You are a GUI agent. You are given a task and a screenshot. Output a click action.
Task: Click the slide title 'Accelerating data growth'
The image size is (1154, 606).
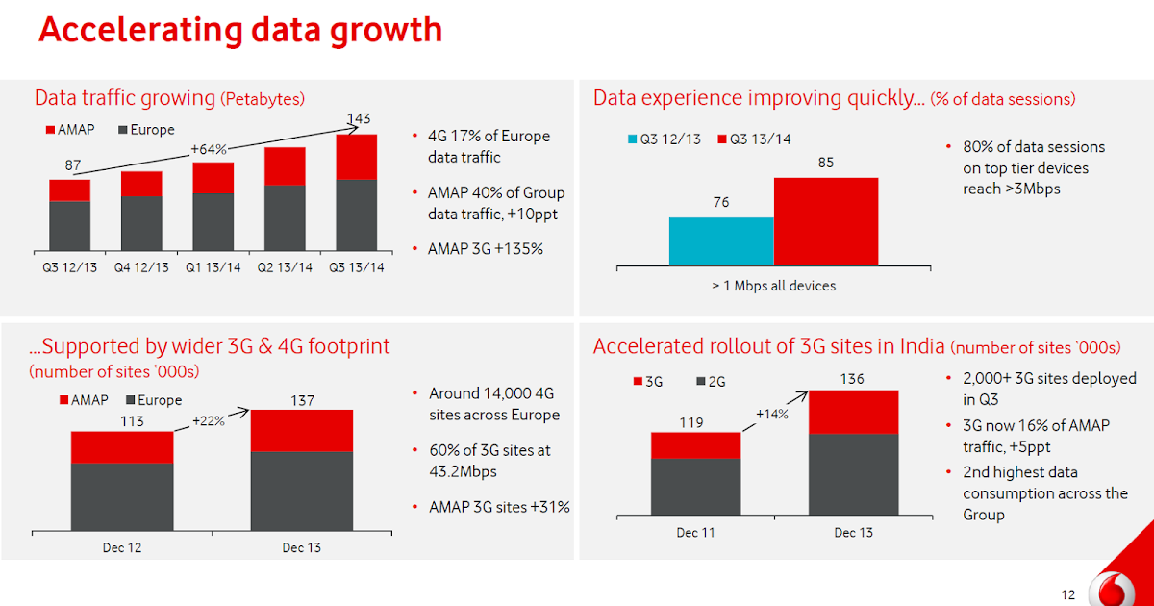coord(240,31)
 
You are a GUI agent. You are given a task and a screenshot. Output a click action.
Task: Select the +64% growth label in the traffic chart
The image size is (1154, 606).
coord(208,150)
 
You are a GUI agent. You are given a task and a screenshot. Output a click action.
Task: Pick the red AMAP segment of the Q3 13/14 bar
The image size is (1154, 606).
coord(357,157)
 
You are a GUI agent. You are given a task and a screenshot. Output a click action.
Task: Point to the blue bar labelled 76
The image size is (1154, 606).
coord(721,240)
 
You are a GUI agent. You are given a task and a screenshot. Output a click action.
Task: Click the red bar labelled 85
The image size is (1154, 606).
coord(825,220)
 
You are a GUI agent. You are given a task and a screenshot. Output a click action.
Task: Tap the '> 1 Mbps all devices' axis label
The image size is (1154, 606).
coord(773,286)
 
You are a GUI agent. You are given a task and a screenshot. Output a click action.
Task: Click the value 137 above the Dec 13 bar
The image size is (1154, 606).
coord(302,400)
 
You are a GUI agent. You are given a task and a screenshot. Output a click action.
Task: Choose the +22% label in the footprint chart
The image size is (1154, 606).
coord(209,421)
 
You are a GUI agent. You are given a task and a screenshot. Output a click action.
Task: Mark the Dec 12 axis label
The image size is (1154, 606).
coord(122,548)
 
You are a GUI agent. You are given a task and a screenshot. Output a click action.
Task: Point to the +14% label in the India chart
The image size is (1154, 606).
coord(771,415)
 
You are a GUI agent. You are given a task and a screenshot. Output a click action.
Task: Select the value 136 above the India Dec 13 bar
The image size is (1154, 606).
coord(852,379)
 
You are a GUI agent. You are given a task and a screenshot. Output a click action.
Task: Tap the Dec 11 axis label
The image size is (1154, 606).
coord(695,533)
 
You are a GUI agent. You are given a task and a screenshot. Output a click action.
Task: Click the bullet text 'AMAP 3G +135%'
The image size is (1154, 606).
coord(485,249)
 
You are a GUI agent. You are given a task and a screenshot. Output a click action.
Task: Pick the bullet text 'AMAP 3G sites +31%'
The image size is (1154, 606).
coord(499,507)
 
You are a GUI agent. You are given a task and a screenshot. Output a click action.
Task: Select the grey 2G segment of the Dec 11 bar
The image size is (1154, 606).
coord(695,486)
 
